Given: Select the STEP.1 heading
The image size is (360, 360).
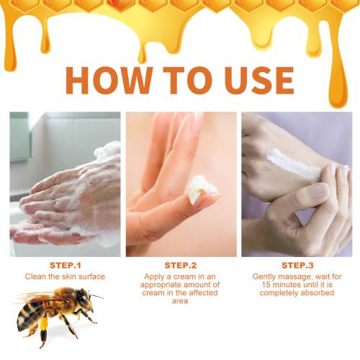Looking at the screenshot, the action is point(66,266).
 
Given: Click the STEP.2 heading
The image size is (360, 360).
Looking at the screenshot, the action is point(181,266).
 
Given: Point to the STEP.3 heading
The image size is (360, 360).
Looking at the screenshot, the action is point(297,266).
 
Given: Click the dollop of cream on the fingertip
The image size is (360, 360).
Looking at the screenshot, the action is point(202,189).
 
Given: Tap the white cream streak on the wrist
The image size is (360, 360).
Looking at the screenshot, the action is point(293,163).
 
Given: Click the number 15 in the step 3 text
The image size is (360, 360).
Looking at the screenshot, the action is point(266,284).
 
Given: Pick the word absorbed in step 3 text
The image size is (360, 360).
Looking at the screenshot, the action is point(318,293).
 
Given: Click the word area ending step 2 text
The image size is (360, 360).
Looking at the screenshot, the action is point(180,301).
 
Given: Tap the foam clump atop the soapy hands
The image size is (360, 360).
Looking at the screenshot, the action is point(107,150).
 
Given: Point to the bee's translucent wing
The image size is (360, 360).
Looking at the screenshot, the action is point(34,297).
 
